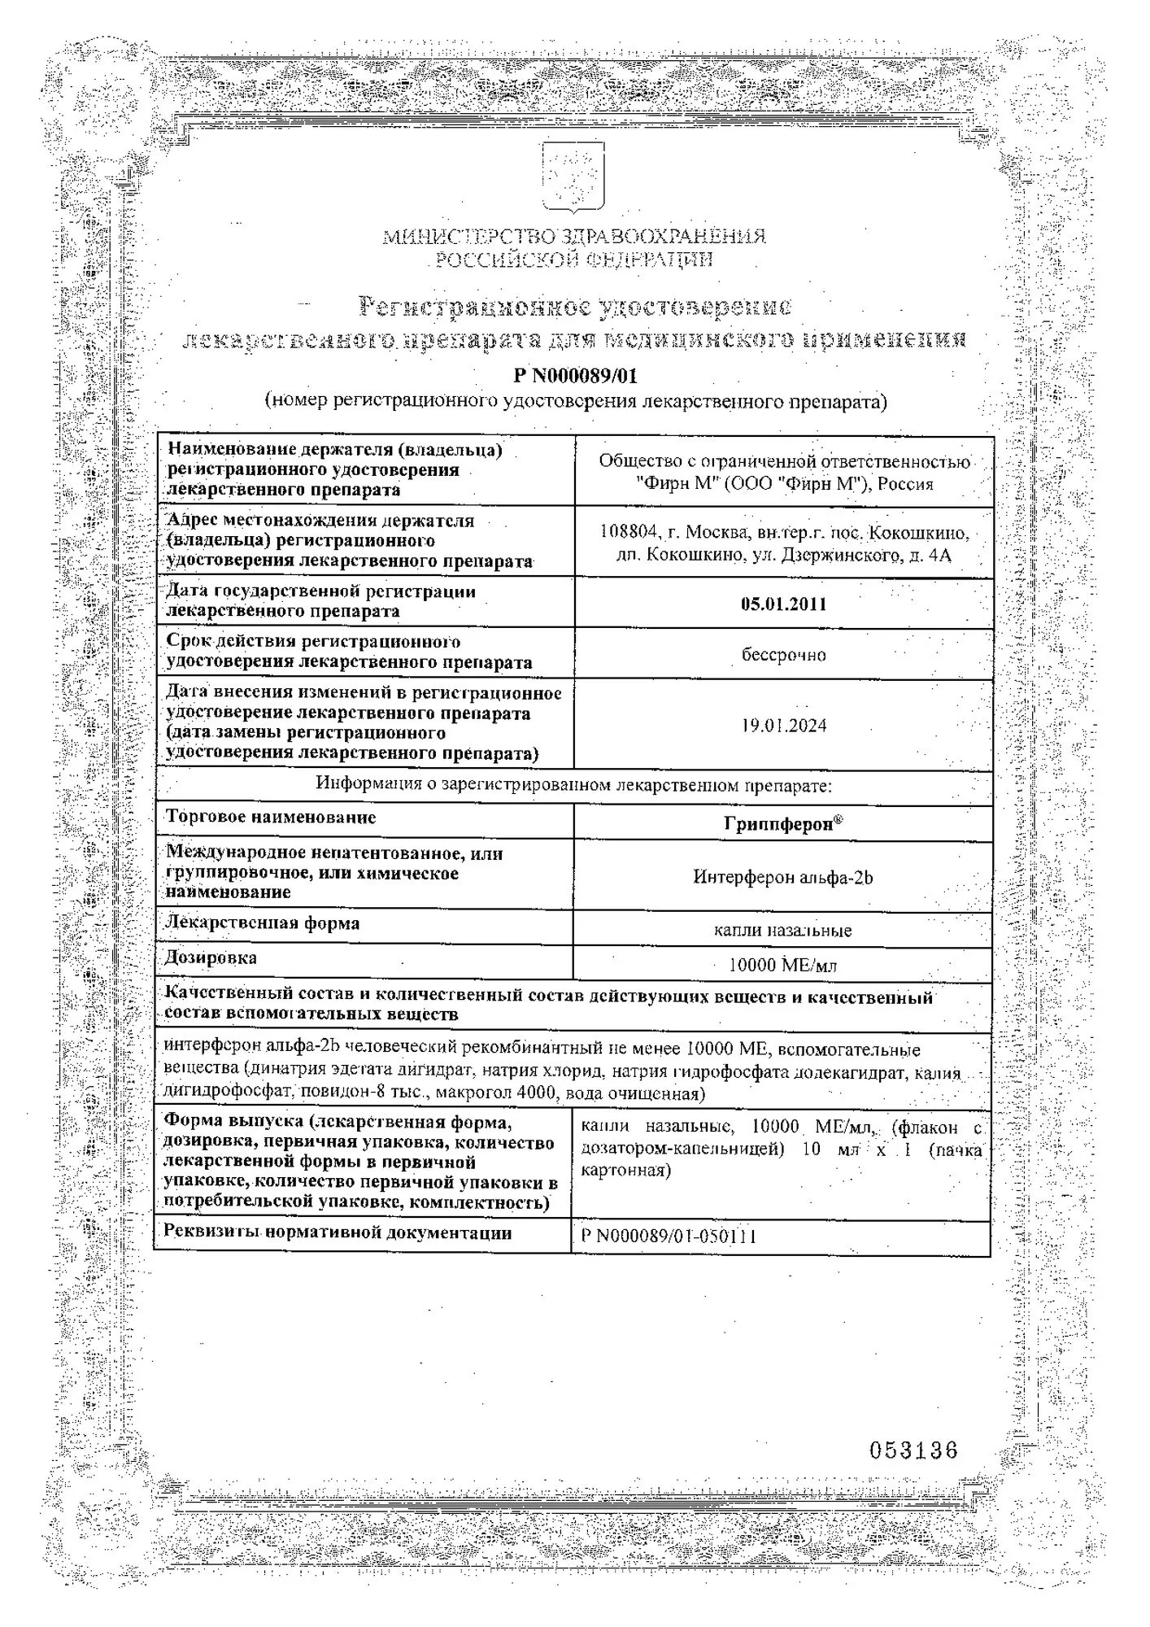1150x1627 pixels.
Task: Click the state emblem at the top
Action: point(573,177)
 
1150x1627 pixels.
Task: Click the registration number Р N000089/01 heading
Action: point(575,376)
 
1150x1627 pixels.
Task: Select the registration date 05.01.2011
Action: point(783,604)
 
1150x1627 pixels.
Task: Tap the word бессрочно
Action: point(783,655)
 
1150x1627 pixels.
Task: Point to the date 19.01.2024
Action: point(783,726)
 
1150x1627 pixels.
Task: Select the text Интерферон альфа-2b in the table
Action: point(782,877)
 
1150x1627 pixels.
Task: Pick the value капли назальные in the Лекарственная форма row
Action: point(782,930)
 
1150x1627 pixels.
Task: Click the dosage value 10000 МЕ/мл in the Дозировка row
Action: point(782,966)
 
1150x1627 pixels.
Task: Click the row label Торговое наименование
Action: point(271,817)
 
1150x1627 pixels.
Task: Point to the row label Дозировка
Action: point(211,957)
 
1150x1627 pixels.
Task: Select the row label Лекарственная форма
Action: point(262,923)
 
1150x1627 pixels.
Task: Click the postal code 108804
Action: point(628,533)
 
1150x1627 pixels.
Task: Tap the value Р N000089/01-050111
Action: point(669,1237)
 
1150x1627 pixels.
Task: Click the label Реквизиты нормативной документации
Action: point(338,1232)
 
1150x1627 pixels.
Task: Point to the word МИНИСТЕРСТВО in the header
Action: point(468,238)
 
